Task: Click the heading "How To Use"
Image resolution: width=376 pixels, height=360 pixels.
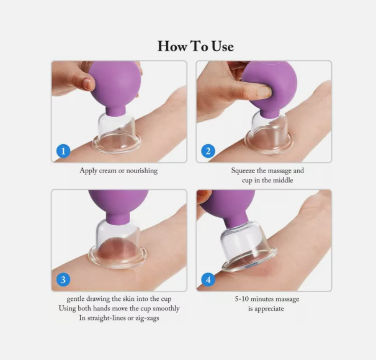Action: tap(195, 46)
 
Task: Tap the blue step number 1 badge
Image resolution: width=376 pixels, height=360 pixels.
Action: tap(63, 151)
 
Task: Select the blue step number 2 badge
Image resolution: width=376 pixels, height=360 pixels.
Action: tap(208, 151)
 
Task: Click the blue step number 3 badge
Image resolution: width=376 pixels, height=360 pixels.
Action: tap(63, 280)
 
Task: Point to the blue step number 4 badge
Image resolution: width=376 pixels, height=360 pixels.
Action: tap(208, 280)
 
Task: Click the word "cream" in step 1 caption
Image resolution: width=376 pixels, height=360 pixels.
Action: tap(108, 171)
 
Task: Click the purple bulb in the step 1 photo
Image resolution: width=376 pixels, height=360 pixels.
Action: tap(114, 84)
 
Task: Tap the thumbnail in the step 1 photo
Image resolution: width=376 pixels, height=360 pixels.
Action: tap(87, 84)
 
